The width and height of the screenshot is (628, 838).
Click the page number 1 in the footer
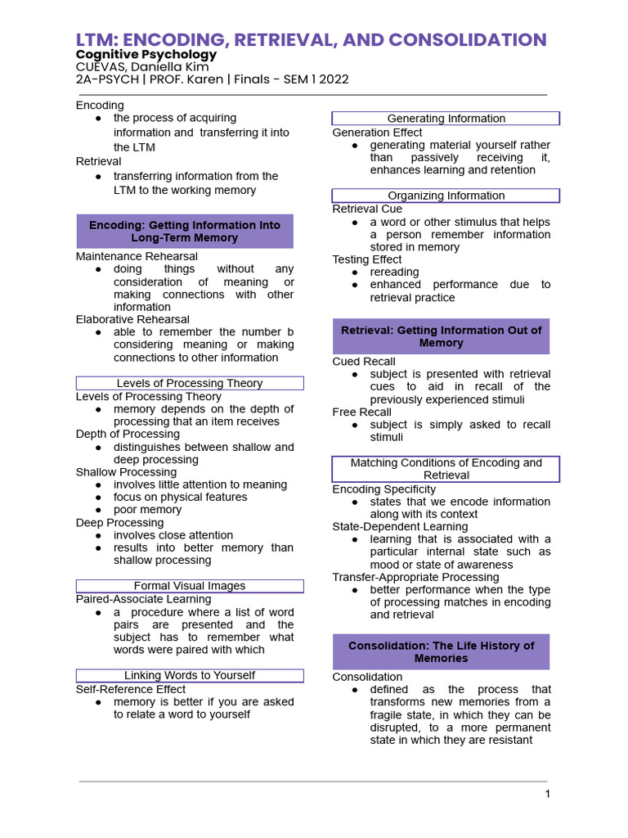548,794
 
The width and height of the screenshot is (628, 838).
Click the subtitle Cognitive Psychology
146,54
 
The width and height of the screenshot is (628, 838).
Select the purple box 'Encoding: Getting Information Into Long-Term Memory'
185,231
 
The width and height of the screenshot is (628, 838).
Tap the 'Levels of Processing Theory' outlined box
190,383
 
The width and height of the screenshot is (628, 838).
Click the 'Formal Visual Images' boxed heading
190,586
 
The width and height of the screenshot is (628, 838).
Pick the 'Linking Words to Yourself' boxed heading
190,675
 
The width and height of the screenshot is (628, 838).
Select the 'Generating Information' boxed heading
446,119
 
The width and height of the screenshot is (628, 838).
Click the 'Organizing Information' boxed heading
446,196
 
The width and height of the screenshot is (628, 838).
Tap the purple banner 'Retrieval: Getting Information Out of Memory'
441,336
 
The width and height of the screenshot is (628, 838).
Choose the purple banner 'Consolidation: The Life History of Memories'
441,651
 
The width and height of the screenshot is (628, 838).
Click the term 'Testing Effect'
367,259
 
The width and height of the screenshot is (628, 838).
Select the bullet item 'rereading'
394,272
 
